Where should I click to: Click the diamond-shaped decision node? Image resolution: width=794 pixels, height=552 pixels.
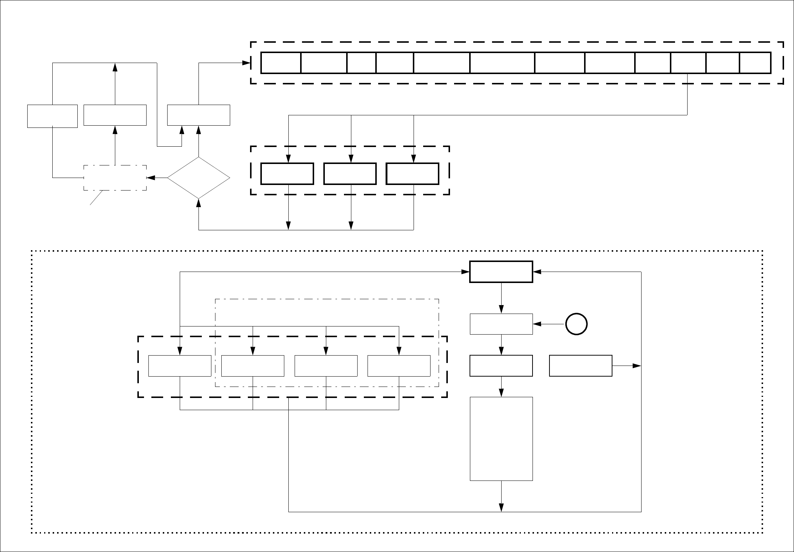coord(198,178)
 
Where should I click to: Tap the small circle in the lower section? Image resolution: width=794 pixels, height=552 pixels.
coord(576,324)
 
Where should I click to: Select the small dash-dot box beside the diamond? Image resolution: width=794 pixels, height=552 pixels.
coord(115,178)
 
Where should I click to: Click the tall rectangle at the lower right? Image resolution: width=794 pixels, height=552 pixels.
coord(501,439)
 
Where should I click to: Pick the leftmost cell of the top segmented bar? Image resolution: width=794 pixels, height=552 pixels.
coord(281,63)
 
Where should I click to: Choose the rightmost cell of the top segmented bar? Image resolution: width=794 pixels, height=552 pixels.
coord(755,63)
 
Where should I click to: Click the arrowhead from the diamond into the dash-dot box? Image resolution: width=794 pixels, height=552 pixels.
coord(150,178)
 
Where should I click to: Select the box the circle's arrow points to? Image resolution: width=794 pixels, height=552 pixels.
coord(501,324)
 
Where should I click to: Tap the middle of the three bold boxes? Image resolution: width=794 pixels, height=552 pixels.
coord(350,174)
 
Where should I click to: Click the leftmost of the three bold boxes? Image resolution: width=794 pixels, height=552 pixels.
coord(287,174)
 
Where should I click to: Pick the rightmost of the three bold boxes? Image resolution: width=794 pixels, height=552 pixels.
coord(412,174)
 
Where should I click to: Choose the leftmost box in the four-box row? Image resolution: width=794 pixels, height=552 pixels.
coord(180,366)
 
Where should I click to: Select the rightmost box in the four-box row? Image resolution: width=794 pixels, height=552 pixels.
coord(399,366)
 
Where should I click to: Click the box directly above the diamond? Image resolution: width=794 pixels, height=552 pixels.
coord(198,115)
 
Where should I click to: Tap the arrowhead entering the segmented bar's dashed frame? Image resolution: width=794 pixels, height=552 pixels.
coord(246,63)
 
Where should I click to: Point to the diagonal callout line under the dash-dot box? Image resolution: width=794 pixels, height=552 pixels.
coord(97,198)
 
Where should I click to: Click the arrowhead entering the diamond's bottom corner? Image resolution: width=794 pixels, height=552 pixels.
coord(198,203)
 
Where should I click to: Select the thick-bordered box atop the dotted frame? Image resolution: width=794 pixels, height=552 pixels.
coord(501,272)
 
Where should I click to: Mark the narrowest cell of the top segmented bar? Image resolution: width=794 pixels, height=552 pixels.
coord(361,63)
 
